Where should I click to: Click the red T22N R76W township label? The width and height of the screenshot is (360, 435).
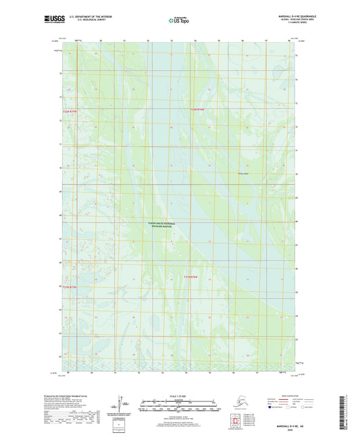pyautogui.click(x=197, y=109)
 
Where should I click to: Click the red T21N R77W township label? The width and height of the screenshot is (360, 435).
pyautogui.click(x=61, y=287)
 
